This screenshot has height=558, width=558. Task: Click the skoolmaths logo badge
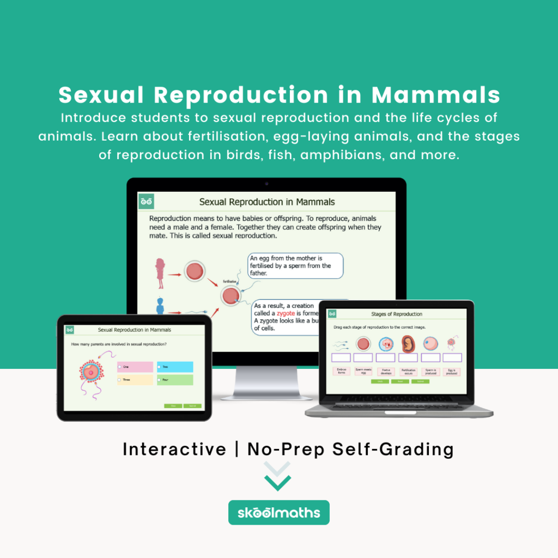click(278, 513)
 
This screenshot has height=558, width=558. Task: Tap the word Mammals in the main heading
click(436, 95)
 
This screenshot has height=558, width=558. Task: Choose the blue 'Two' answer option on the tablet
click(174, 367)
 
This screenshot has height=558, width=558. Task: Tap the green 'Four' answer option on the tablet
click(174, 380)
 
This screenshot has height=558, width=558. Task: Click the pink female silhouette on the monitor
click(160, 273)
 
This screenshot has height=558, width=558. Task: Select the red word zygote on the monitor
click(286, 314)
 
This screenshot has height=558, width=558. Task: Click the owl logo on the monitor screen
click(146, 202)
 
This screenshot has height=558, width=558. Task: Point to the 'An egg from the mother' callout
click(295, 265)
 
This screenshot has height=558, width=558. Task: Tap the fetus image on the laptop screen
click(408, 344)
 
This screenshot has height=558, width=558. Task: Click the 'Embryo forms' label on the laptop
click(341, 372)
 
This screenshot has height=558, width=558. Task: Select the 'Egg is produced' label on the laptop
click(452, 372)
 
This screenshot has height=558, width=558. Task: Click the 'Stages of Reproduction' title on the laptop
click(397, 314)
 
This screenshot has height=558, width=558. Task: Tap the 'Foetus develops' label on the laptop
click(385, 372)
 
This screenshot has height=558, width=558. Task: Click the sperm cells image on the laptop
click(341, 344)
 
